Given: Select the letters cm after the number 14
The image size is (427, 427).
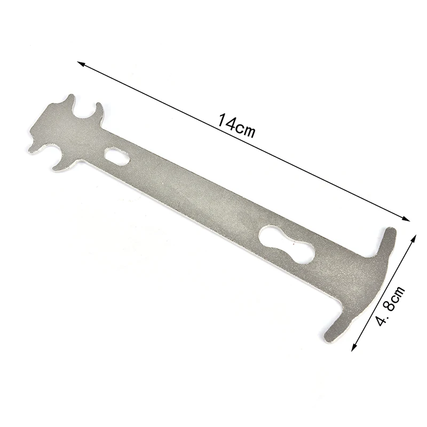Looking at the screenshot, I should tap(246, 129).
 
